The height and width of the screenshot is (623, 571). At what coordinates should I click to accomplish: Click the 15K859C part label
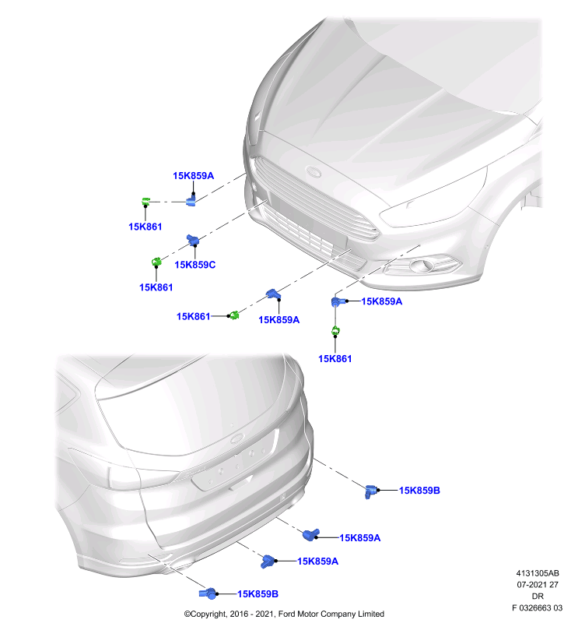[194, 265]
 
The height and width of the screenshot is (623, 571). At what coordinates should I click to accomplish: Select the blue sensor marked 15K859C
[193, 240]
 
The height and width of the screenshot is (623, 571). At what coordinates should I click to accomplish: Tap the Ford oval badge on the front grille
[313, 171]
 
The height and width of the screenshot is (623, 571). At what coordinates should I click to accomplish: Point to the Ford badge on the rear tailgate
[238, 438]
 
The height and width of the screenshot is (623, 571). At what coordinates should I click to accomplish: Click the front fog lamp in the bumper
[422, 265]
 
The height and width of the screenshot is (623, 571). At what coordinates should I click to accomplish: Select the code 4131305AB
[538, 573]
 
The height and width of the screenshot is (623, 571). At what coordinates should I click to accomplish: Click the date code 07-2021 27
[538, 585]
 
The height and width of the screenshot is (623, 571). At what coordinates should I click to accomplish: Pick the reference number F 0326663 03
[537, 608]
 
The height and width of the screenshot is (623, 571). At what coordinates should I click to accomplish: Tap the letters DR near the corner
[538, 597]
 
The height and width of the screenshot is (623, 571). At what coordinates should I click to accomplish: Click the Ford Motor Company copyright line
[284, 614]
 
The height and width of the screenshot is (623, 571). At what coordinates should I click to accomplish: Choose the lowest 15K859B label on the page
[258, 594]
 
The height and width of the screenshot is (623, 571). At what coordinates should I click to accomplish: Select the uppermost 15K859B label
[419, 491]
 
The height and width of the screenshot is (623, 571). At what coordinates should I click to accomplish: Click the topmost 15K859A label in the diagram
[193, 176]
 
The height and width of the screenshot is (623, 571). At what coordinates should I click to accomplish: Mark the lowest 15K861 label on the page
[335, 359]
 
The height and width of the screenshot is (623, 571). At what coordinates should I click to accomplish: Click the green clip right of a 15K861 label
[233, 315]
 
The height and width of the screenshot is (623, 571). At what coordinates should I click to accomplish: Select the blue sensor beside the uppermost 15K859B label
[370, 491]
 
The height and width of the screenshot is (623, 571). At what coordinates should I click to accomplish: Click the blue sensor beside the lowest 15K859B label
[208, 593]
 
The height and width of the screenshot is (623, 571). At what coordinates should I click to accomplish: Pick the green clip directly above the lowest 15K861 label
[335, 330]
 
